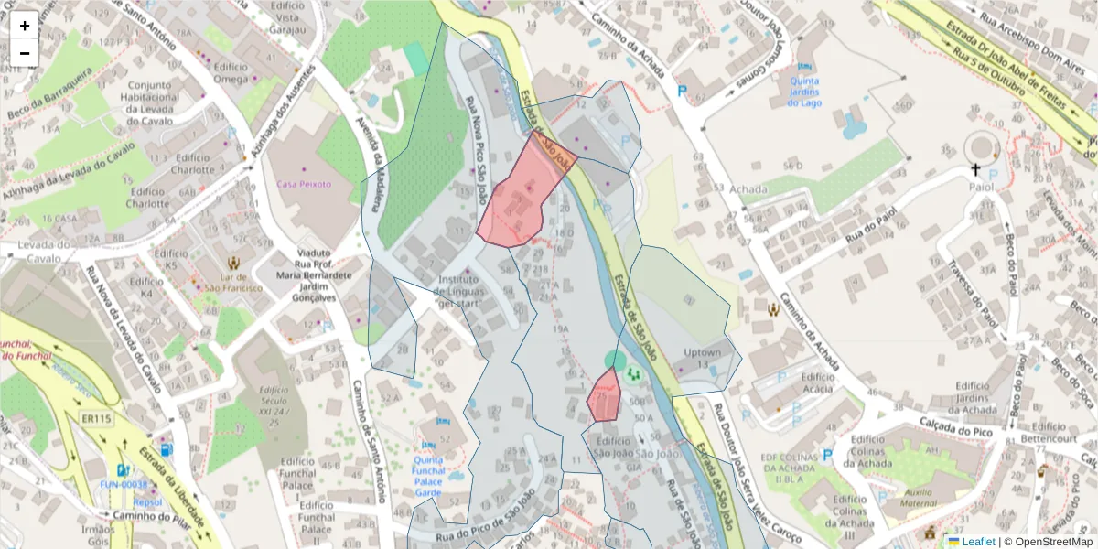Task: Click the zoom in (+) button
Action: tap(25, 26)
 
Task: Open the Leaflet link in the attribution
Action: tap(977, 542)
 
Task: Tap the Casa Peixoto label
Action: tap(304, 184)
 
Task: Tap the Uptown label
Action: tap(702, 352)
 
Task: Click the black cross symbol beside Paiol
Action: tap(975, 170)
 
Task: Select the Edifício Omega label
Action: tap(231, 72)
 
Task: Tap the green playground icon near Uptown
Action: tap(632, 374)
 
